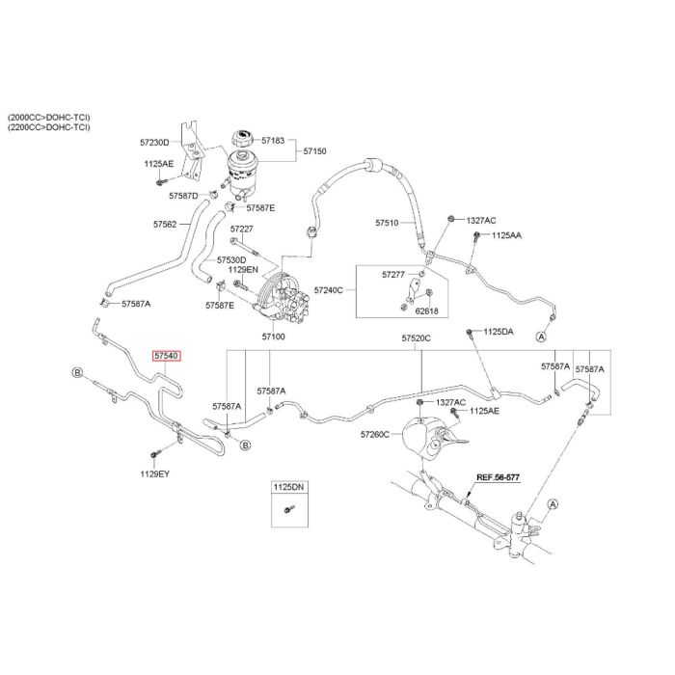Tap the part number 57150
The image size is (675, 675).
point(315,151)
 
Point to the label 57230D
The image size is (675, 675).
point(155,143)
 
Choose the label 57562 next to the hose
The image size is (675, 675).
point(164,224)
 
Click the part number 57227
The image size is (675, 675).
point(241,229)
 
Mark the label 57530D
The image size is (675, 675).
point(231,260)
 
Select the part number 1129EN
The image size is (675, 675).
point(244,271)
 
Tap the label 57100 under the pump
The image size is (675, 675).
point(273,337)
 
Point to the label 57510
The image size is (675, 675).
point(387,223)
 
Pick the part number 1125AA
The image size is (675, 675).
point(506,235)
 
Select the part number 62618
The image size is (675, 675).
point(425,311)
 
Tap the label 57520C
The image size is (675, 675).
point(417,338)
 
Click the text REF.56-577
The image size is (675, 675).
point(498,477)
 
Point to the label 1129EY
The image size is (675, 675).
point(155,473)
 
